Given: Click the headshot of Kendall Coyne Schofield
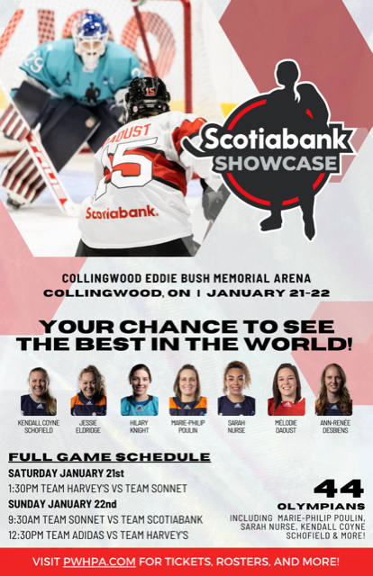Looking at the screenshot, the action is click(38, 391).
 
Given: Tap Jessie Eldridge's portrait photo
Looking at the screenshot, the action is click(88, 391).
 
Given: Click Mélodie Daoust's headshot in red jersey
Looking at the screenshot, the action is click(287, 390).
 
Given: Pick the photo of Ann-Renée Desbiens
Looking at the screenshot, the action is click(334, 390).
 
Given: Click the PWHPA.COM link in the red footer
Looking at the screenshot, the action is click(99, 562).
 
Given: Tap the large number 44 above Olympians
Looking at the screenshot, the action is click(339, 489).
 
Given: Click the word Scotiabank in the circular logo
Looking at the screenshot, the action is click(276, 139).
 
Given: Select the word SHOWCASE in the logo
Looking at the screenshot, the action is click(276, 164).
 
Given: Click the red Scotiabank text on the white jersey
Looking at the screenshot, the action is click(122, 212).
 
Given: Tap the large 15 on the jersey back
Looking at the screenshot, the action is click(128, 166).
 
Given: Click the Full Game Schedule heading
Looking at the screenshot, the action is click(109, 457).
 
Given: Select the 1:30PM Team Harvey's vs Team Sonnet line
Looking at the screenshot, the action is click(97, 489).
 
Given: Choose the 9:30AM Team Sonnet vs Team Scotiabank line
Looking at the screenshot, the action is click(105, 519).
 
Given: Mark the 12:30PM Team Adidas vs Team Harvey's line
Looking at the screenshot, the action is click(98, 535).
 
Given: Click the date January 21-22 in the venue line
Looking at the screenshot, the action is click(268, 293).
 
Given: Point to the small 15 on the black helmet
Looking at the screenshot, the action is click(150, 91).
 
